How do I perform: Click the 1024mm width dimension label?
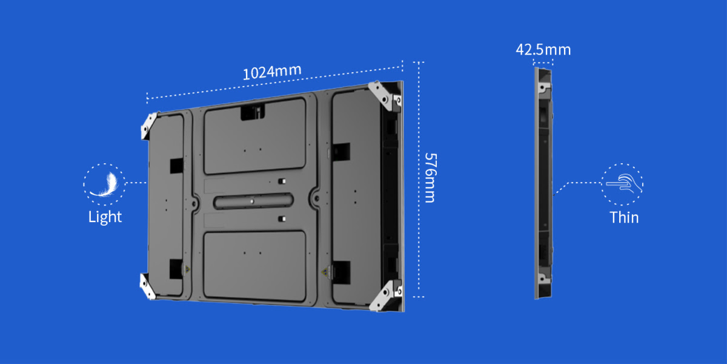(x=272, y=72)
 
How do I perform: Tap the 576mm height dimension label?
(x=430, y=177)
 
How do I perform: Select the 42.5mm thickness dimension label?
(x=543, y=49)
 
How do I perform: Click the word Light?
(x=105, y=217)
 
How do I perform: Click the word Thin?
(x=624, y=217)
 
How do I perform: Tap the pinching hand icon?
(x=623, y=183)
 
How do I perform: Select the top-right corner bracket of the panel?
(x=386, y=95)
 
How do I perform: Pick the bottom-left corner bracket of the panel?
(x=148, y=286)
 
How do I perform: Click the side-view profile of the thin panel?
(x=543, y=182)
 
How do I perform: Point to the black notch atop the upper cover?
(x=253, y=112)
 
